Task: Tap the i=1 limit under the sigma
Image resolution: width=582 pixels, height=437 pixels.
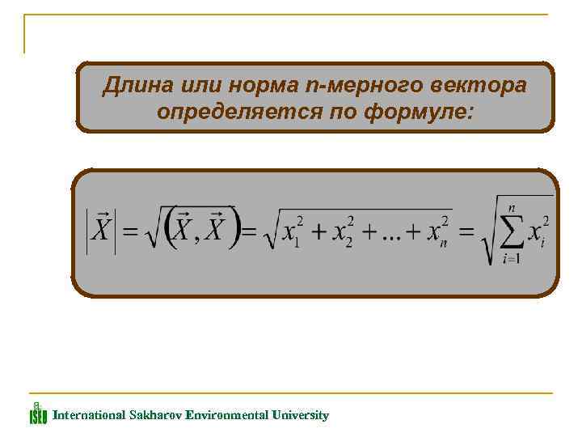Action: pyautogui.click(x=511, y=260)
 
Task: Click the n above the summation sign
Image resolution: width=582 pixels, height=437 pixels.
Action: pyautogui.click(x=512, y=208)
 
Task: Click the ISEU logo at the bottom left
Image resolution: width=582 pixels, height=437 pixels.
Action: pyautogui.click(x=38, y=414)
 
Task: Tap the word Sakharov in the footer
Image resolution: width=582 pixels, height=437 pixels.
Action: pyautogui.click(x=155, y=415)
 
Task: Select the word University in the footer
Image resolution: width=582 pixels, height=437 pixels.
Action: pyautogui.click(x=300, y=415)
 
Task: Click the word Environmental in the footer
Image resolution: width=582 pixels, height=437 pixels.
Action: pyautogui.click(x=226, y=415)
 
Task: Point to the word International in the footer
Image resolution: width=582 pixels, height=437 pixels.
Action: pyautogui.click(x=89, y=415)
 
